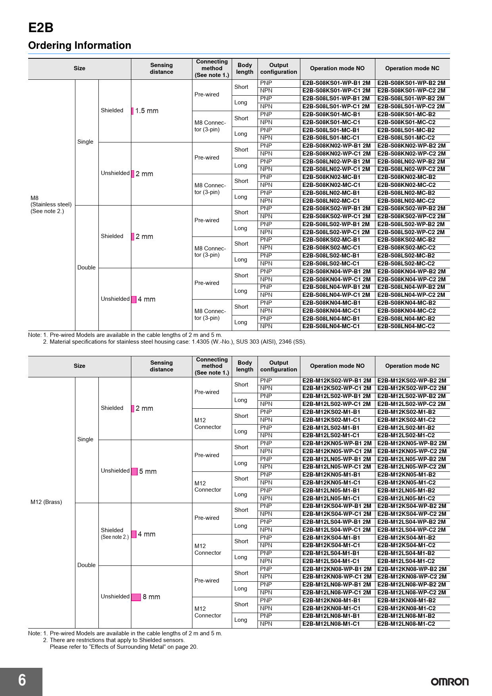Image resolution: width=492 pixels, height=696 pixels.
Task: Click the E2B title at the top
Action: (x=41, y=28)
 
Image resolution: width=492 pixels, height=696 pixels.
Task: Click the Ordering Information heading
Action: (x=79, y=46)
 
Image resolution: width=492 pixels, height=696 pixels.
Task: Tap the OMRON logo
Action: (x=450, y=682)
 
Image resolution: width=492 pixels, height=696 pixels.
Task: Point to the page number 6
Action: (x=22, y=680)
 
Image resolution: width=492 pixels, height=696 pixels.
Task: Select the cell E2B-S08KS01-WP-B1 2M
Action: (x=336, y=83)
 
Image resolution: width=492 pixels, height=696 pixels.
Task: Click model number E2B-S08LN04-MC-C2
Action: (x=406, y=326)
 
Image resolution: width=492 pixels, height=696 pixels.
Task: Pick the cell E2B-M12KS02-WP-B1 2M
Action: (x=336, y=381)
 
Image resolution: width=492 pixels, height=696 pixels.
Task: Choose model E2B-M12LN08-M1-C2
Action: (x=406, y=624)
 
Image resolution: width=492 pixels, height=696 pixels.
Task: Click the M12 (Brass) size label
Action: (x=46, y=502)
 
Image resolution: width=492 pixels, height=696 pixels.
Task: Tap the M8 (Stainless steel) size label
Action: (x=51, y=204)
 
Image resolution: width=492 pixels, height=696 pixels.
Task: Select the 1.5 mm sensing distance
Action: (x=147, y=111)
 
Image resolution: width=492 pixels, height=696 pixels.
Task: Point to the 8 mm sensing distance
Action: (x=151, y=597)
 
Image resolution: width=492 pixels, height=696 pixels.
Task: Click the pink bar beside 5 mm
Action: (x=135, y=471)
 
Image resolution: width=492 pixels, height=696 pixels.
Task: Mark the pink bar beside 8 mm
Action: (x=136, y=597)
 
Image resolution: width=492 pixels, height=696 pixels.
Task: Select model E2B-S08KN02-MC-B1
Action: (x=331, y=177)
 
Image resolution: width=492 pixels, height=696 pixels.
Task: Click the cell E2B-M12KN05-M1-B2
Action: (x=406, y=475)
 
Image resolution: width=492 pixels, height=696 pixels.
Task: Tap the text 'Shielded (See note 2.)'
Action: (x=114, y=533)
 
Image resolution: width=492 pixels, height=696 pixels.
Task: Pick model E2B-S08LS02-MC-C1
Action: (x=331, y=263)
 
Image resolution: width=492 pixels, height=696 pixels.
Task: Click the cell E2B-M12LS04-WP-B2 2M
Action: (x=411, y=522)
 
